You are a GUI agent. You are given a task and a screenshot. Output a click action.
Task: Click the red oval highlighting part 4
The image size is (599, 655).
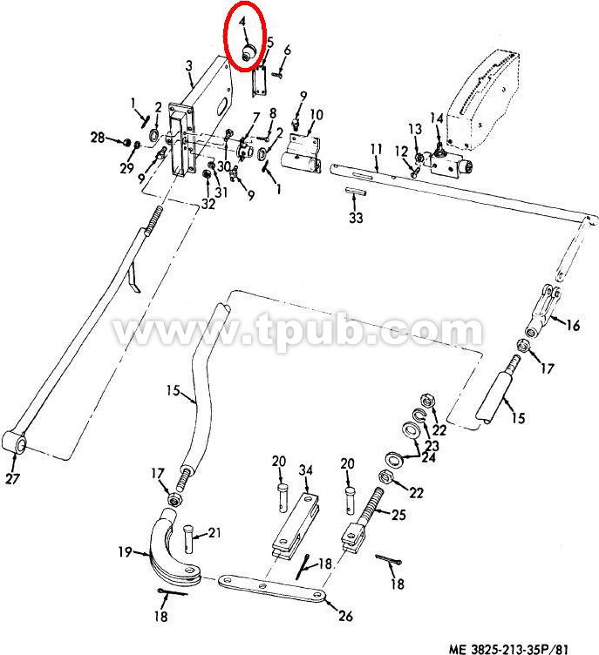[x=226, y=35]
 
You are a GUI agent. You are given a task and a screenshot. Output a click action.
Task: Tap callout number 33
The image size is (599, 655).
[x=356, y=218]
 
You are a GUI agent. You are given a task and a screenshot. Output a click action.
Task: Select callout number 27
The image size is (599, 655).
[x=12, y=478]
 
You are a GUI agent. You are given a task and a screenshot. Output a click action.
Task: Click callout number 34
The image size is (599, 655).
[x=306, y=470]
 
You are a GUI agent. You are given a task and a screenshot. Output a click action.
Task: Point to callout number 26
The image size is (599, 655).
[x=345, y=615]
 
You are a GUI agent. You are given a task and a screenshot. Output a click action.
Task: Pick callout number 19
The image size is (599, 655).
[x=125, y=552]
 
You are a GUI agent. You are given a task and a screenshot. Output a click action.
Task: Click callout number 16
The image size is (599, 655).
[x=573, y=325]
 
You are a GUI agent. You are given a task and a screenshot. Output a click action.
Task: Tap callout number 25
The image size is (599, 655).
[x=398, y=514]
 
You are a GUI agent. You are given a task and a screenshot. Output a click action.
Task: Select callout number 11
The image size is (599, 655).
[x=377, y=149]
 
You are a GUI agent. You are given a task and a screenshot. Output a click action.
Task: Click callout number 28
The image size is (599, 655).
[x=98, y=137]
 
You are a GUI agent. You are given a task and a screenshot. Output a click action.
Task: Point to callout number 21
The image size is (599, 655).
[x=214, y=532]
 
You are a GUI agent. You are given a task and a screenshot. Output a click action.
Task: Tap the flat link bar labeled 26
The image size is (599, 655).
[x=272, y=588]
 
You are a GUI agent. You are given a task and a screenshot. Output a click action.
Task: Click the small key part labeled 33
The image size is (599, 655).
[x=356, y=192]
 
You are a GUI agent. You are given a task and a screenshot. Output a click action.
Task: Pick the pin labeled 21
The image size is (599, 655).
[x=187, y=538]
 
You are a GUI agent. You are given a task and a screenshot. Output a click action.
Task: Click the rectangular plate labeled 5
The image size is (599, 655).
[x=260, y=81]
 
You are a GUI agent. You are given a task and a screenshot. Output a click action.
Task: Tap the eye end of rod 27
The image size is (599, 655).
[x=14, y=442]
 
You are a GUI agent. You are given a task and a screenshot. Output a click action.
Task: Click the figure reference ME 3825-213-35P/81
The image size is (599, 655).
[x=508, y=649]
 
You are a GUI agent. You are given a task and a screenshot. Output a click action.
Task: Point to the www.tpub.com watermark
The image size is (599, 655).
[x=298, y=330]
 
